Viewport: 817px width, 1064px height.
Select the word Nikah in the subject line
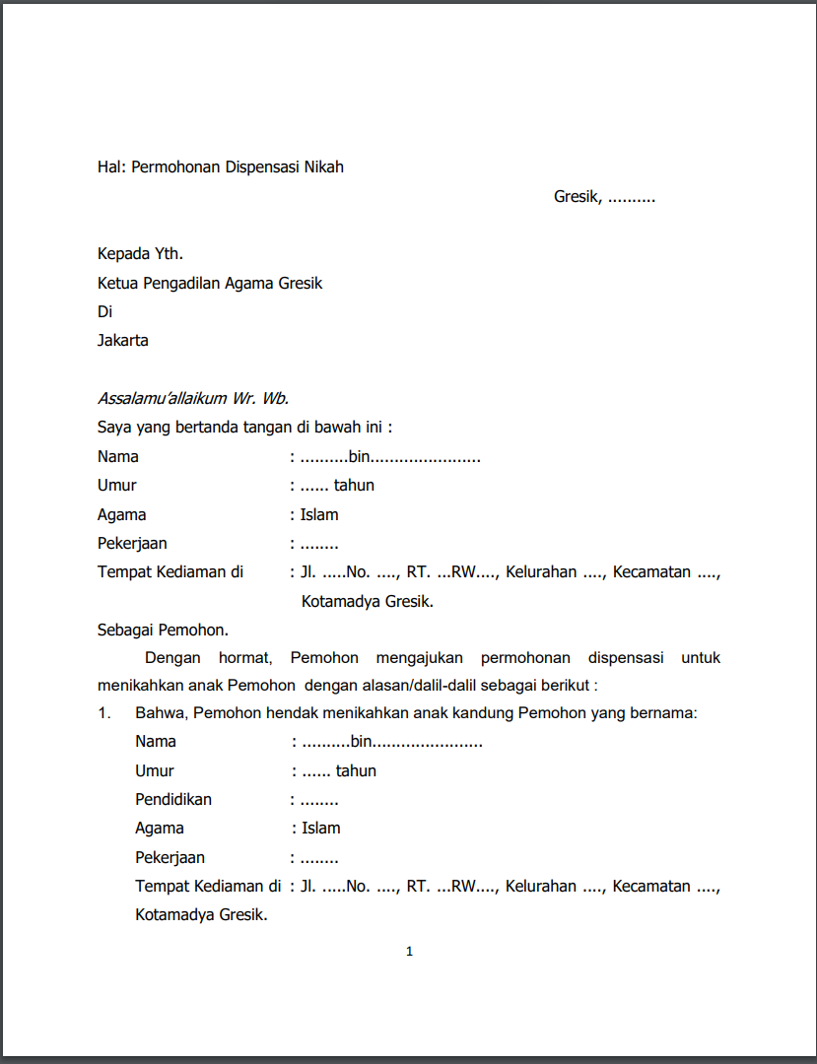coord(323,166)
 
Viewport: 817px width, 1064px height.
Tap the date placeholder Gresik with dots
coord(604,197)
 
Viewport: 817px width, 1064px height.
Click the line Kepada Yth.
coord(140,254)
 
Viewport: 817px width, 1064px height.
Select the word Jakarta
coord(123,341)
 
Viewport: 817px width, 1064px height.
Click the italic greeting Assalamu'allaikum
coord(163,399)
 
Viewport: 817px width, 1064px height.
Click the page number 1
coord(409,952)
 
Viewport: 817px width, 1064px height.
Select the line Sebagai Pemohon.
coord(163,630)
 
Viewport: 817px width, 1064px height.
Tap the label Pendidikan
coord(173,799)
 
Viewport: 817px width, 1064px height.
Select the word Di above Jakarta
coord(104,311)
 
